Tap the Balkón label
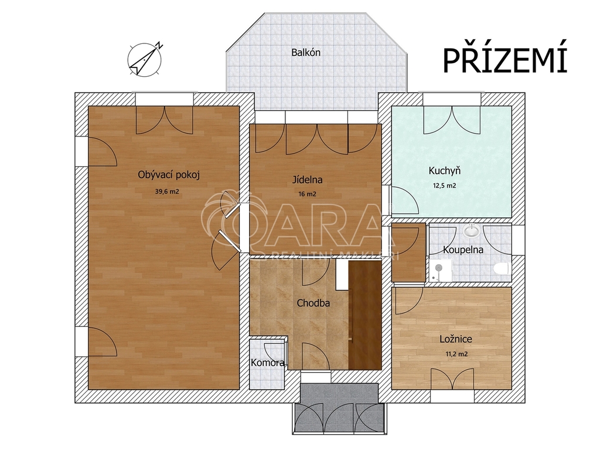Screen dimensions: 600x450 click(306, 52)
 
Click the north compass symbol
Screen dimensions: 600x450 click(145, 59)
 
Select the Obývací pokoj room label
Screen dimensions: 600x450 click(169, 175)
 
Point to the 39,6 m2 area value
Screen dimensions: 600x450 click(167, 192)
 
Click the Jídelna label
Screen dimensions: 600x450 click(307, 179)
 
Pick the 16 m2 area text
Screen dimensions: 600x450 click(307, 194)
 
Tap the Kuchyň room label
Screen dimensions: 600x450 click(444, 171)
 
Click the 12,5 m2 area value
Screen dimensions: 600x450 click(444, 186)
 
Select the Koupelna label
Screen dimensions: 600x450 click(463, 250)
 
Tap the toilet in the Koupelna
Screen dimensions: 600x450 click(502, 268)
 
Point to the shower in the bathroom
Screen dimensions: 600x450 click(439, 271)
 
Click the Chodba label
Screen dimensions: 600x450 click(313, 304)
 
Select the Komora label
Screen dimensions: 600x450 click(267, 363)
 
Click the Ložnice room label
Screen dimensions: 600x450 click(456, 339)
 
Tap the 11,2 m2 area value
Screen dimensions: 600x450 click(456, 354)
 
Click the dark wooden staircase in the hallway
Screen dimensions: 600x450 click(365, 315)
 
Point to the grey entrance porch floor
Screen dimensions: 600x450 click(339, 408)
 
